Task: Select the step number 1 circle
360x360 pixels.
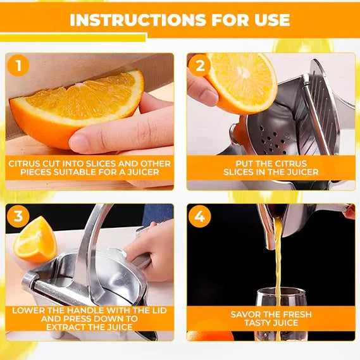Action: (x=18, y=66)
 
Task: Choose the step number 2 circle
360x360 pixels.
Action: (x=200, y=66)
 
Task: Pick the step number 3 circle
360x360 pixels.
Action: (x=18, y=216)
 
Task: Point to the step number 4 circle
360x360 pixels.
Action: (x=200, y=216)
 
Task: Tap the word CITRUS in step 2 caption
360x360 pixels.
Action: (x=288, y=163)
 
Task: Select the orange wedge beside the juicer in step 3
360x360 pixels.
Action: (x=35, y=240)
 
